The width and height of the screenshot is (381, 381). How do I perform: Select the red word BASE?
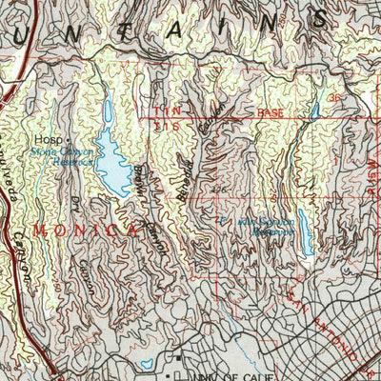pos(271,112)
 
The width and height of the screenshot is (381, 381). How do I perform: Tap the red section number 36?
pos(334,98)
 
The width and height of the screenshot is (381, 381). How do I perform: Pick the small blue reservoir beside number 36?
pos(315,111)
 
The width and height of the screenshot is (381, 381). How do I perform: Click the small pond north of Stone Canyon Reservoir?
pos(106,111)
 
